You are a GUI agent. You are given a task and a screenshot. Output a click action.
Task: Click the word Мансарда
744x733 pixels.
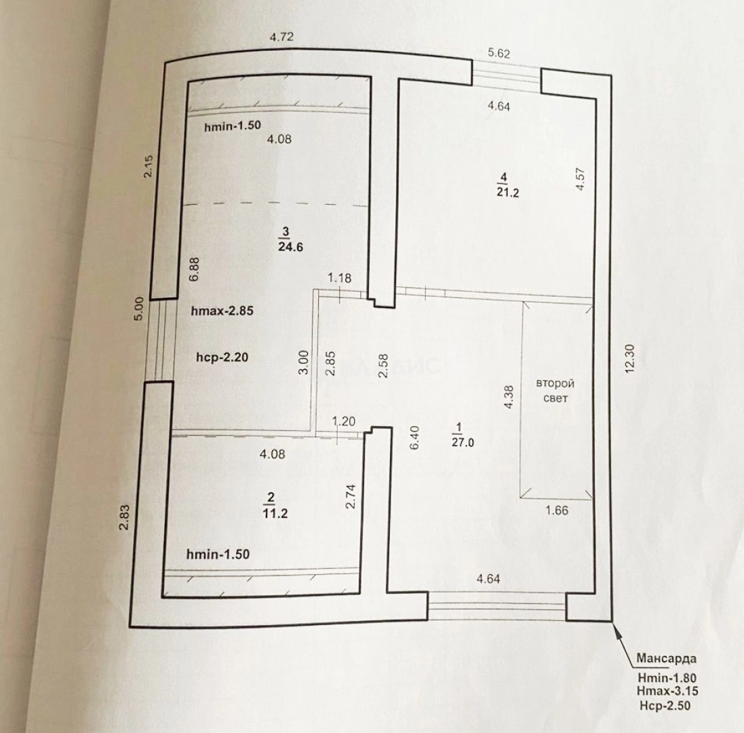point(666,658)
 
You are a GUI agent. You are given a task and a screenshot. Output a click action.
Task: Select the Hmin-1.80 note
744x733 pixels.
point(667,677)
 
